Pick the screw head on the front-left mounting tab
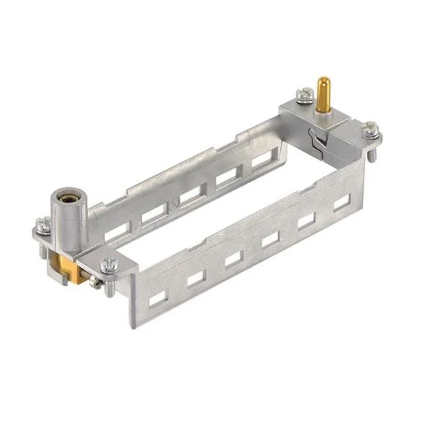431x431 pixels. click(108, 265)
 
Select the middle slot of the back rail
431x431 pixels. click(190, 195)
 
